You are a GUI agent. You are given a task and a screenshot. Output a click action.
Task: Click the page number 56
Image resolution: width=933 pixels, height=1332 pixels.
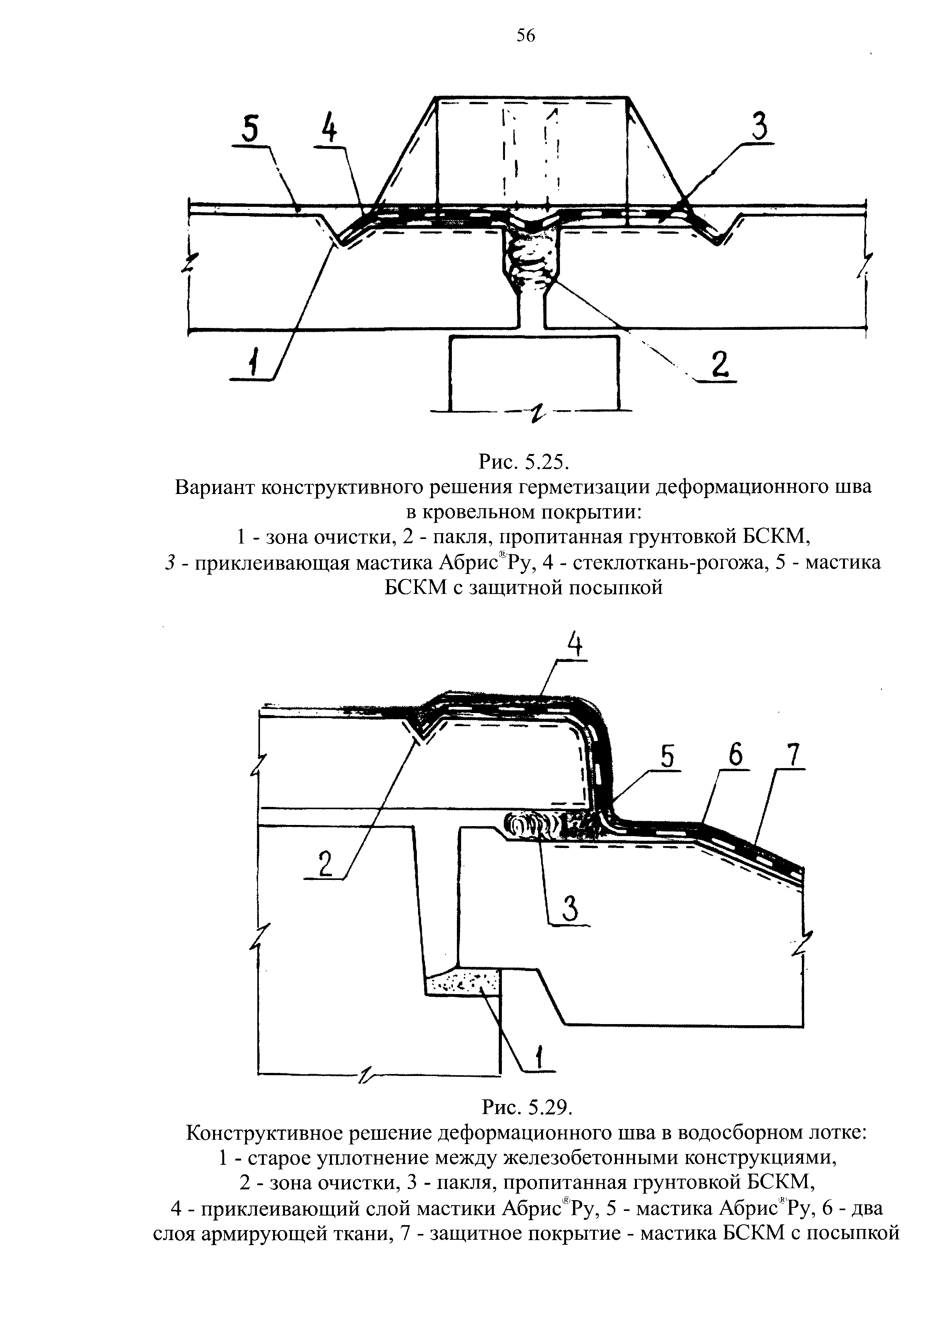click(x=526, y=36)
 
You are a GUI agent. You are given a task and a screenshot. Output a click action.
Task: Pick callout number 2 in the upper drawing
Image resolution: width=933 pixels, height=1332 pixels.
click(x=718, y=364)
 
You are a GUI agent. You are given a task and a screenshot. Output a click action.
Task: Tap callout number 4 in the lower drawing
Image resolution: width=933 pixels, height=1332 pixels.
click(x=574, y=644)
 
